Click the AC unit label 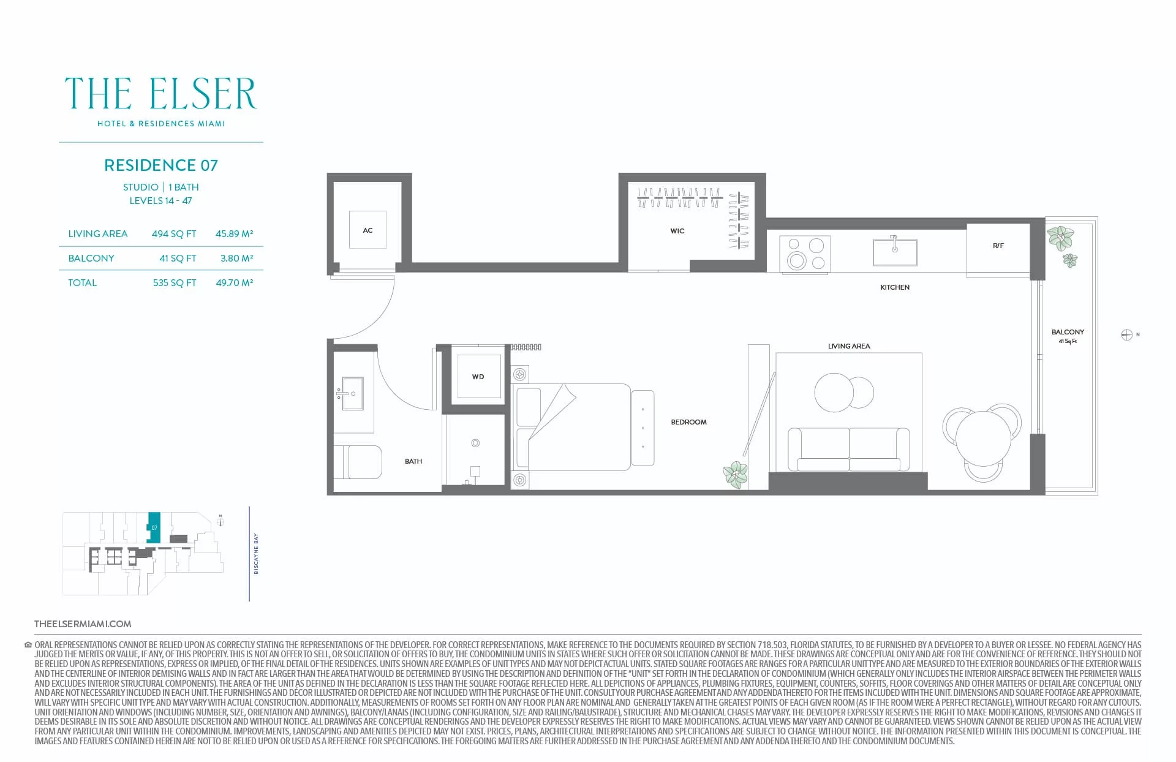pos(367,230)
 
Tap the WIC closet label pos(677,231)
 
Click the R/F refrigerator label pos(998,246)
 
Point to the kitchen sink pos(895,252)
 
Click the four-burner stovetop pos(805,254)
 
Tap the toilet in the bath pos(358,462)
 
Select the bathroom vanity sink pos(352,393)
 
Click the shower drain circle pos(475,443)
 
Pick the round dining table pos(983,438)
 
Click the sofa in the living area pos(849,449)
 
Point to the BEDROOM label pos(688,422)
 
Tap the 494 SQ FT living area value pos(174,234)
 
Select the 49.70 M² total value pos(235,283)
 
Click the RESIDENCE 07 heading pos(161,165)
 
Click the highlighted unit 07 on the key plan pos(154,527)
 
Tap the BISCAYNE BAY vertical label pos(256,554)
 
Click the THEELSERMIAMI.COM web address pos(83,624)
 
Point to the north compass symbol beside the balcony pos(1126,334)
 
